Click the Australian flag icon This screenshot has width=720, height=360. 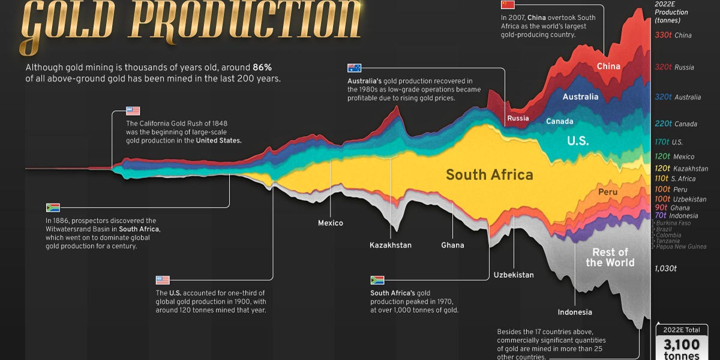[x=354, y=68]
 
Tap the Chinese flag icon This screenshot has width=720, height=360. [x=507, y=5]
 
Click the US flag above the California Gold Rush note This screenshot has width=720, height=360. [x=133, y=111]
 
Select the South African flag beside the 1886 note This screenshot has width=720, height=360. [x=53, y=208]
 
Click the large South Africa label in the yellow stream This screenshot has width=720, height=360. [x=489, y=175]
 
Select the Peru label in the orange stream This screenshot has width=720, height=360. [x=607, y=192]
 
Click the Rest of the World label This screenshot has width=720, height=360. [x=610, y=257]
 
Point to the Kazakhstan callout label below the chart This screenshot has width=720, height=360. [x=391, y=245]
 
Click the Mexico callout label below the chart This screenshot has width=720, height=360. [x=331, y=223]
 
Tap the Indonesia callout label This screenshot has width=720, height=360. [x=574, y=312]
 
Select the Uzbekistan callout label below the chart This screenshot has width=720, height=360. [x=514, y=275]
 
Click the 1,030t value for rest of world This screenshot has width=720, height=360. [x=665, y=268]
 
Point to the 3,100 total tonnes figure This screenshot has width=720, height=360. [x=681, y=344]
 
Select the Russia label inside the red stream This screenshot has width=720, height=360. [x=518, y=118]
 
